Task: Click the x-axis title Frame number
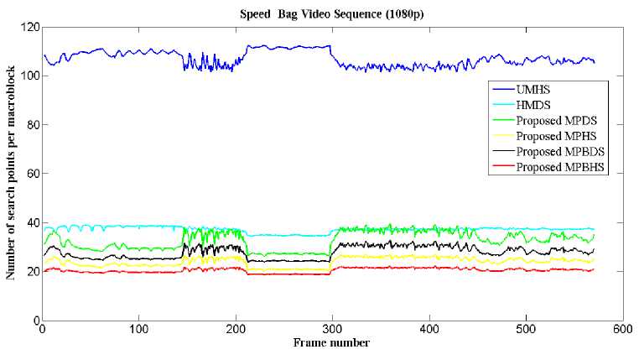click(332, 342)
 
